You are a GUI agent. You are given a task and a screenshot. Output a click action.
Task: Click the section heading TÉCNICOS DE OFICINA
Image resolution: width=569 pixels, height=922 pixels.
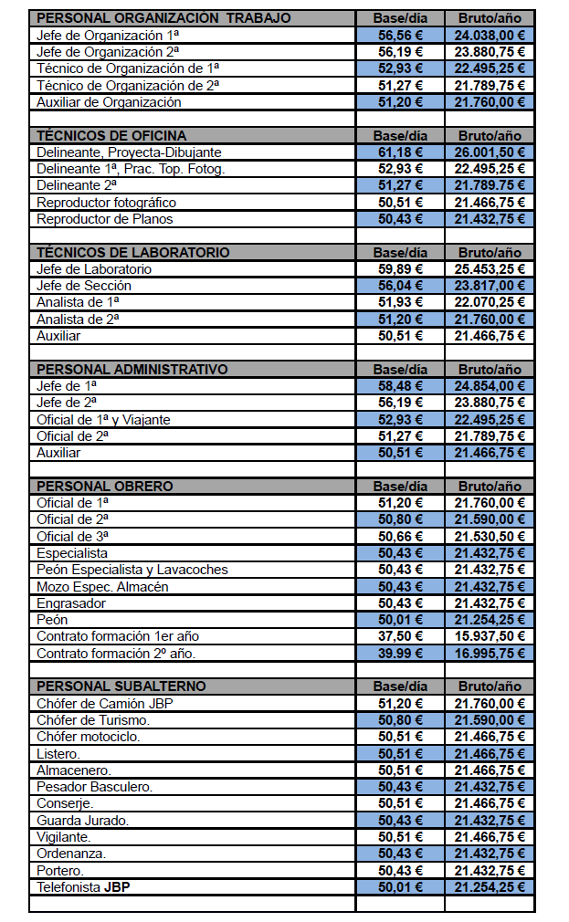[111, 136]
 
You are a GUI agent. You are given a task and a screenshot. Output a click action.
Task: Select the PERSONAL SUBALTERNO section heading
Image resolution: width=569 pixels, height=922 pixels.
[121, 686]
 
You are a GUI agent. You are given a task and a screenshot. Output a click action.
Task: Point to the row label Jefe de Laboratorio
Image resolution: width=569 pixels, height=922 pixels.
[94, 269]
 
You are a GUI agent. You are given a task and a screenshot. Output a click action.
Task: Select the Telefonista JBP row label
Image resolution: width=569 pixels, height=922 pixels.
[83, 887]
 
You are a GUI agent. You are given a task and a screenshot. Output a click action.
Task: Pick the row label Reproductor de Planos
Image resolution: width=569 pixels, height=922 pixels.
[105, 219]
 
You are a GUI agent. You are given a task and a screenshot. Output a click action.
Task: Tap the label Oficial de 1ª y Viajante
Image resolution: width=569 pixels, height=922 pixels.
[103, 420]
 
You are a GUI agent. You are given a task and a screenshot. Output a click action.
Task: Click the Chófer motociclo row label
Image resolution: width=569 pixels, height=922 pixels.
[88, 737]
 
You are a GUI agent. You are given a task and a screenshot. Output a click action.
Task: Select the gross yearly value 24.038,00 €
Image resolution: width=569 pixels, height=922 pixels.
[490, 36]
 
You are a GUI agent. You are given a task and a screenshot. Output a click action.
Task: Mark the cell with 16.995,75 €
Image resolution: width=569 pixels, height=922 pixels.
[490, 654]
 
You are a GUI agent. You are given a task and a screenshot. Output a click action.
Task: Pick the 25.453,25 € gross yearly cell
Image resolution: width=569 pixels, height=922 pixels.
[490, 269]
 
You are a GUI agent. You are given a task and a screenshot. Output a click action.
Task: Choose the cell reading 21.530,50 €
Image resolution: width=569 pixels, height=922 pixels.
[490, 537]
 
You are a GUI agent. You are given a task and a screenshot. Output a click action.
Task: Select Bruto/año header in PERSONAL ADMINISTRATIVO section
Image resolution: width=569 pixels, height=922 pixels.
[490, 370]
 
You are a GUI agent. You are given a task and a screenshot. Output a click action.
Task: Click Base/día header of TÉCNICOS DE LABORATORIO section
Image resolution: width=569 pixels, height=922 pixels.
[400, 253]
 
